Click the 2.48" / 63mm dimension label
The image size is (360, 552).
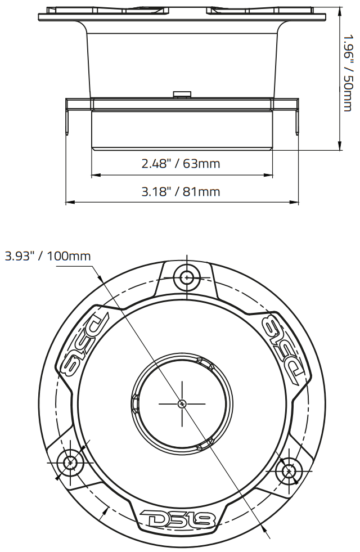181,164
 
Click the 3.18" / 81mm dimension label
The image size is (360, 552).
181,192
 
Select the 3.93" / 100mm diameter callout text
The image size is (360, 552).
48,256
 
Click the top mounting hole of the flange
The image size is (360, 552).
187,276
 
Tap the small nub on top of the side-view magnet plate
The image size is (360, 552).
182,93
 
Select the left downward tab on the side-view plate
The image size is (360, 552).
69,121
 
